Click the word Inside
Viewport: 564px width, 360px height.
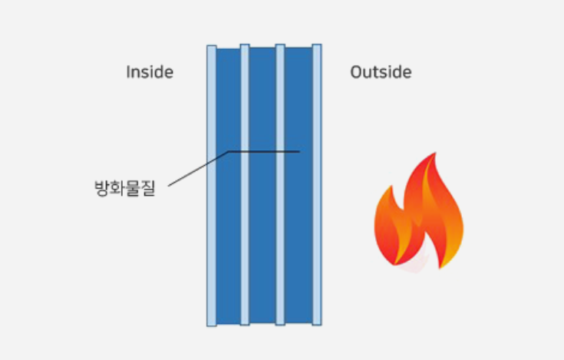point(150,72)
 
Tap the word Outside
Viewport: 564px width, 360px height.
point(381,72)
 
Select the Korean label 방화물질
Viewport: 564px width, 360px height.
point(125,188)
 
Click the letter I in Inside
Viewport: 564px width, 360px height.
point(128,72)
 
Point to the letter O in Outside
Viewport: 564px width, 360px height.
point(356,72)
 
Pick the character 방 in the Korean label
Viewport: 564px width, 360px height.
point(102,188)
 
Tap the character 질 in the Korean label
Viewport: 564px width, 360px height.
point(148,188)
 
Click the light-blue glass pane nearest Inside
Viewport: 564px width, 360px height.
point(212,186)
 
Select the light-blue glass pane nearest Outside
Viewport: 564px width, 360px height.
point(317,184)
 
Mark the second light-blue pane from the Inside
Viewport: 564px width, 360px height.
point(245,184)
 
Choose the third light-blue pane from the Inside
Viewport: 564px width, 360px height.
point(280,184)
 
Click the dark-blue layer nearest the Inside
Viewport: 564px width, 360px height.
point(229,186)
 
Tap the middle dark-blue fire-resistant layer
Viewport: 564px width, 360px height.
point(262,185)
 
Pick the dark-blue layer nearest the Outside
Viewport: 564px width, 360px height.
point(298,185)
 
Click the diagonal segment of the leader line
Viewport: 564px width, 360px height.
point(198,169)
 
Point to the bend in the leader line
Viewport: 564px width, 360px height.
point(229,152)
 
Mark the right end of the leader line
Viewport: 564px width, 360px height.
point(299,152)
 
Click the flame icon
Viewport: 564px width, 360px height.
point(419,212)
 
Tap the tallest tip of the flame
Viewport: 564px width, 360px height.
point(436,153)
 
